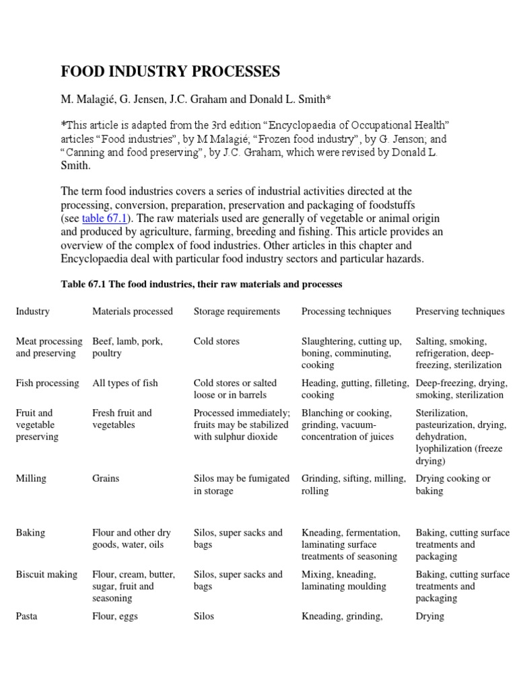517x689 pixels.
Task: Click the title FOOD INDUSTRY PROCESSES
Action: [170, 71]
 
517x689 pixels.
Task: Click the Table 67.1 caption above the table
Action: [202, 285]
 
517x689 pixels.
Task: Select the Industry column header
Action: [33, 312]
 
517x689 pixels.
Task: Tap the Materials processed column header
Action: [133, 312]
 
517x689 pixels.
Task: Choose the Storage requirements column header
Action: [236, 312]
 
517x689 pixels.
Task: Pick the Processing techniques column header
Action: [346, 312]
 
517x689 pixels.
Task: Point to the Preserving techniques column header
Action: [460, 312]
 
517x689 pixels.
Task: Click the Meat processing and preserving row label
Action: [49, 347]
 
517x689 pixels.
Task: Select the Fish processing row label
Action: [48, 383]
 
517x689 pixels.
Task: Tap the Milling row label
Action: [31, 478]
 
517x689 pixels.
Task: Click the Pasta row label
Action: [27, 616]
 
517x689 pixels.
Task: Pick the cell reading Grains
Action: [106, 478]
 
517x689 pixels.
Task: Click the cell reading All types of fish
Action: [125, 383]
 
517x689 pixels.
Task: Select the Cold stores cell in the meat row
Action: [216, 341]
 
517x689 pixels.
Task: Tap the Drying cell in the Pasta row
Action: [430, 616]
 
